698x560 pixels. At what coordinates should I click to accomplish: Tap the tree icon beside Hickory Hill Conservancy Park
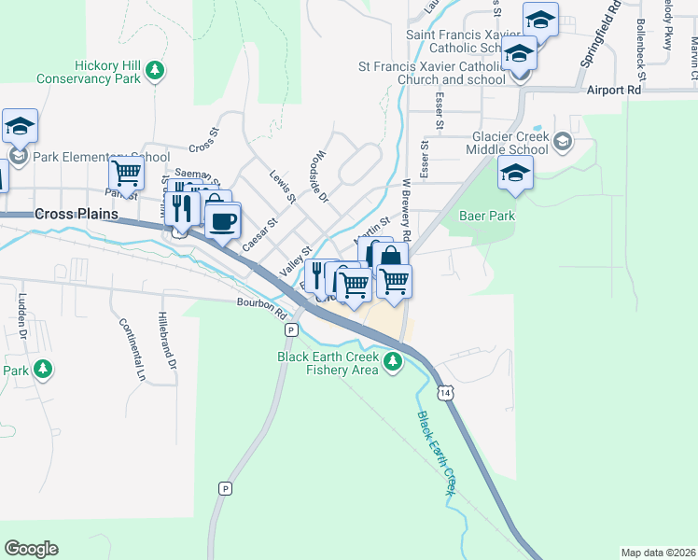tap(156, 69)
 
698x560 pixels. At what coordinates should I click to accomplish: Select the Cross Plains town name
tap(77, 214)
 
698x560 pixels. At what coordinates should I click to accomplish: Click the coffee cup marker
tap(222, 221)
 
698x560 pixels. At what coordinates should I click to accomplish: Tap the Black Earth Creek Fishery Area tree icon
tap(395, 361)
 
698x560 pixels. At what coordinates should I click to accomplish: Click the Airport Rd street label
tap(615, 91)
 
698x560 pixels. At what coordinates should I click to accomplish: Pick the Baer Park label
tap(487, 216)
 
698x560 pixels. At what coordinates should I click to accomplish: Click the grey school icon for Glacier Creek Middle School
tap(561, 142)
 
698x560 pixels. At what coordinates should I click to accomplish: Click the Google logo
tap(31, 549)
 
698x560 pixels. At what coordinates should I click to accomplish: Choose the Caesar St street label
tap(260, 235)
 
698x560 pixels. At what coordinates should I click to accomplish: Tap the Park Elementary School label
tap(101, 157)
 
